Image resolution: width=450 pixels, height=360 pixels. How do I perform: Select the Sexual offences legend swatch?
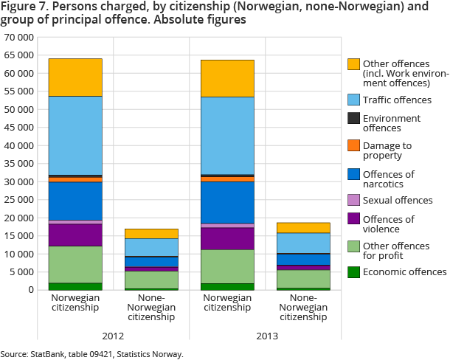tap(354, 200)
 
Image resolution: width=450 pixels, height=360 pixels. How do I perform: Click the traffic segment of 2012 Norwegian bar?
tap(75, 136)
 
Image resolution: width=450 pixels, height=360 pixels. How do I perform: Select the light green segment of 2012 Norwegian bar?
tap(75, 264)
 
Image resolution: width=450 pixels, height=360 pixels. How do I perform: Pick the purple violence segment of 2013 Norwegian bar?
tap(228, 238)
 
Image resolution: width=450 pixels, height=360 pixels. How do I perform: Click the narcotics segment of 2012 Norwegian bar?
tap(75, 201)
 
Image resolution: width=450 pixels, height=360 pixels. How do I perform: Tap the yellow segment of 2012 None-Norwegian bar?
tap(151, 233)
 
